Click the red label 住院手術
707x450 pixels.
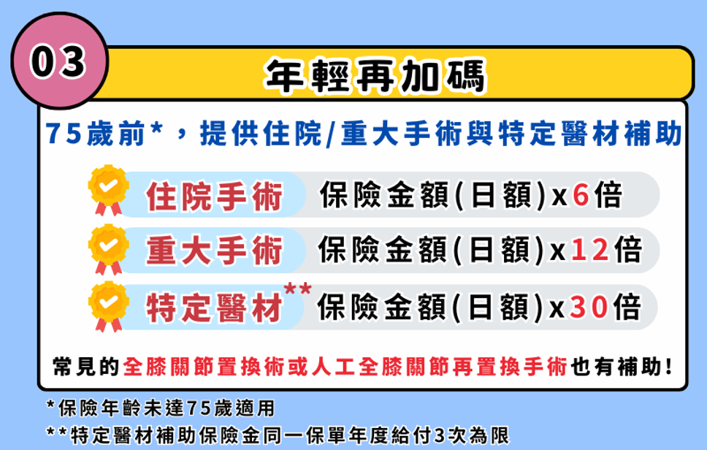tap(214, 196)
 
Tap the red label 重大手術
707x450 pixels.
tap(214, 251)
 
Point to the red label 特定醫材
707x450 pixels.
tap(214, 308)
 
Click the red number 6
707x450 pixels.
tap(581, 196)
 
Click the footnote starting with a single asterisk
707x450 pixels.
tap(160, 407)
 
